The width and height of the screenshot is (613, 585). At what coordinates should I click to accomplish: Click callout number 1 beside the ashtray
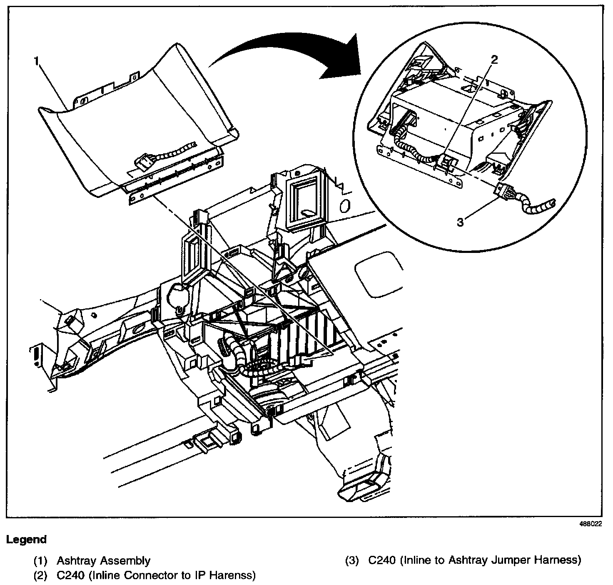pos(37,61)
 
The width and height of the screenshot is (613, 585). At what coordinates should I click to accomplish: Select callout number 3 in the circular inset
pos(460,222)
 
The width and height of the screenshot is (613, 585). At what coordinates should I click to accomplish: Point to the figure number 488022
pos(591,525)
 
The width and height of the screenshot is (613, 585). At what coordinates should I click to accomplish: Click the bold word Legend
pos(26,540)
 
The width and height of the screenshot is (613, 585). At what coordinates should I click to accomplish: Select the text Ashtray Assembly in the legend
pos(104,561)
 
